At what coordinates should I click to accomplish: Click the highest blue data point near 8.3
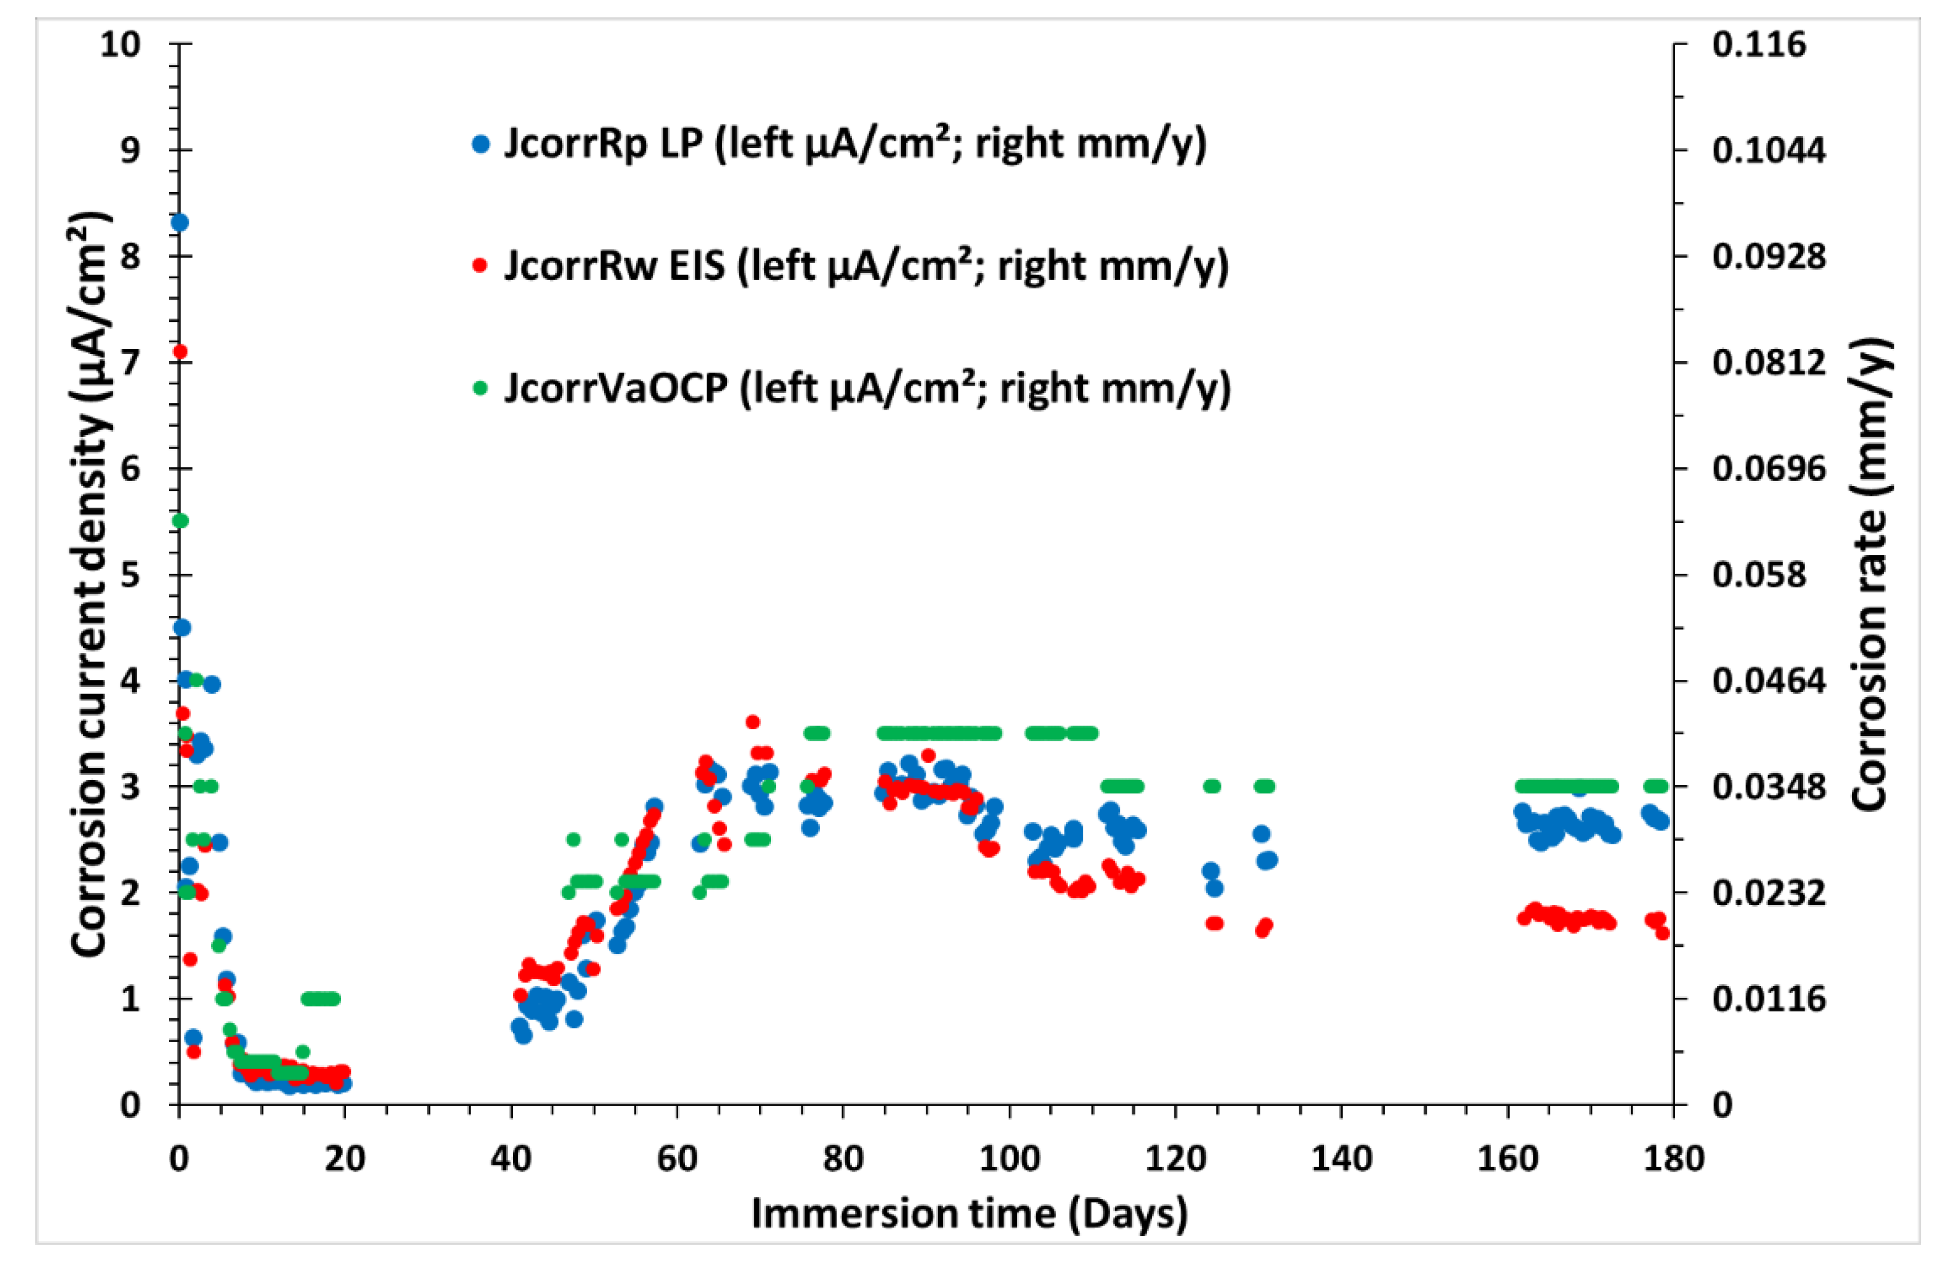180,222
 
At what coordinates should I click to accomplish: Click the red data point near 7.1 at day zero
181,352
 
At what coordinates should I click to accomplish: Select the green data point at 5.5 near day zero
181,521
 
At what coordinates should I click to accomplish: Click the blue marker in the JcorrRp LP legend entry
481,144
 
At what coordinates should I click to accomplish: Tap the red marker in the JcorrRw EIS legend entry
481,266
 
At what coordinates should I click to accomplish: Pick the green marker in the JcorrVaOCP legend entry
481,387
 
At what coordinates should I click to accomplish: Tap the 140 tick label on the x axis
1341,1159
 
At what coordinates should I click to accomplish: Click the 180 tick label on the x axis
1673,1159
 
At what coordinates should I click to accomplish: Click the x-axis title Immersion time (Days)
969,1214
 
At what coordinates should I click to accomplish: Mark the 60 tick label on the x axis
678,1159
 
